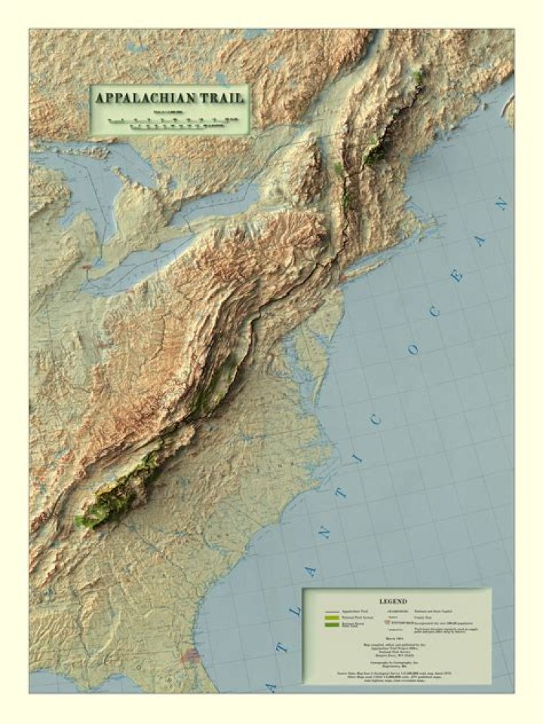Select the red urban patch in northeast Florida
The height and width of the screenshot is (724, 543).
coord(190,655)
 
